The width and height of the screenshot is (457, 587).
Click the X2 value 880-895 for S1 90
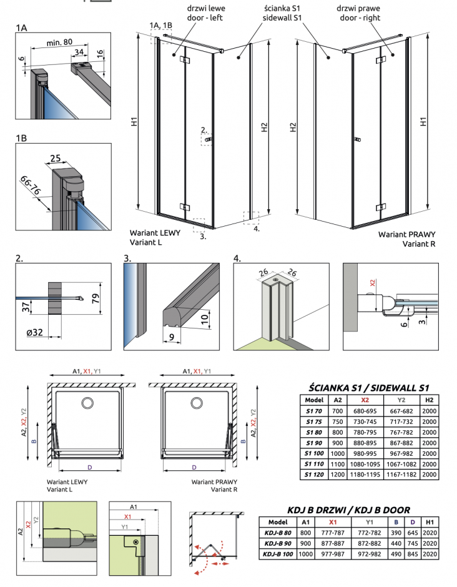click(365, 443)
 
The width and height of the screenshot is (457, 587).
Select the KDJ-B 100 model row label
click(277, 554)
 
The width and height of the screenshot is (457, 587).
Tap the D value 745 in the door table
click(413, 543)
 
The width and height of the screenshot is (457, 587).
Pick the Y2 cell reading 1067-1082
click(401, 464)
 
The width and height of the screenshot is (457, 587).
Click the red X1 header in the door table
click(333, 522)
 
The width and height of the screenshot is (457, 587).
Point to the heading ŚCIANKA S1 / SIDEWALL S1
click(368, 388)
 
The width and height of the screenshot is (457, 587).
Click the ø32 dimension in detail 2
click(34, 332)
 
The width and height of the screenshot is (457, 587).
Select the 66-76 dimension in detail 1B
click(30, 185)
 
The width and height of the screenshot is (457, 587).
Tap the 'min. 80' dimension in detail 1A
click(59, 42)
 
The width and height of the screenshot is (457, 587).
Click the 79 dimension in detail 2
click(96, 298)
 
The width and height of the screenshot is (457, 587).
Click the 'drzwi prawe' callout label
click(358, 8)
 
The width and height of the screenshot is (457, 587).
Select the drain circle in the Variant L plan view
click(88, 403)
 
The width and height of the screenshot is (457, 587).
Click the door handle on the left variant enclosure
click(209, 140)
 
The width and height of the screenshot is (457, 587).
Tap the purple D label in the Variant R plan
click(194, 467)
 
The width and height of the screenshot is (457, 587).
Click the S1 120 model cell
click(314, 475)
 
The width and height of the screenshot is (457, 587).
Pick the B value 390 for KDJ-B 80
click(396, 533)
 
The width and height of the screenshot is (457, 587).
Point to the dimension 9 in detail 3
click(172, 337)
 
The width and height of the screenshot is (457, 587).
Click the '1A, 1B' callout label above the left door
click(160, 26)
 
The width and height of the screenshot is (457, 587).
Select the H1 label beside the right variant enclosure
click(423, 122)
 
